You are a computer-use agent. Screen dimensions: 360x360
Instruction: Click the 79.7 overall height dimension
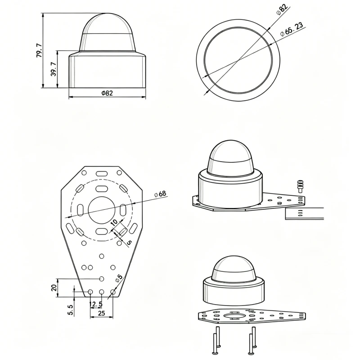pyautogui.click(x=40, y=50)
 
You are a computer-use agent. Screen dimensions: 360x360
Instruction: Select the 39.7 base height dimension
pyautogui.click(x=54, y=69)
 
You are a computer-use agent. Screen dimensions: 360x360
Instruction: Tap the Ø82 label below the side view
pyautogui.click(x=107, y=93)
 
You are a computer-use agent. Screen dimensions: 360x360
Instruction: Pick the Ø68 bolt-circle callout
pyautogui.click(x=160, y=194)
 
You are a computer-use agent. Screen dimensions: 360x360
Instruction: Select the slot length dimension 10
pyautogui.click(x=115, y=222)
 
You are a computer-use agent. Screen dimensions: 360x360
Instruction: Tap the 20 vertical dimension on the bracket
pyautogui.click(x=54, y=288)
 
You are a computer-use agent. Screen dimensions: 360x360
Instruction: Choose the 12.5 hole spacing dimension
pyautogui.click(x=95, y=305)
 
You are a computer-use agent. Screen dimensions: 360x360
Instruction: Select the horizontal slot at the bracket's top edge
pyautogui.click(x=102, y=173)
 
